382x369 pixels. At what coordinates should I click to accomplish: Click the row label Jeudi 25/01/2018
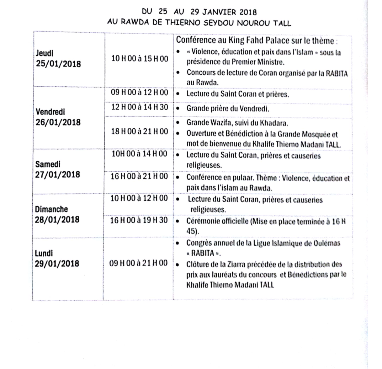coord(58,59)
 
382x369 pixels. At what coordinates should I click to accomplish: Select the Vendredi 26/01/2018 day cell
coord(58,117)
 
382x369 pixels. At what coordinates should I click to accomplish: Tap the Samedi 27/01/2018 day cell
coord(58,170)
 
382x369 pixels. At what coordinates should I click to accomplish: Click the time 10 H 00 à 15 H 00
coord(139,59)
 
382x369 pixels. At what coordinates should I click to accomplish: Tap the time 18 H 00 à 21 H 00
coord(139,132)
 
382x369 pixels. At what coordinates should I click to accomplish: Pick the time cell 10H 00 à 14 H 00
coord(139,155)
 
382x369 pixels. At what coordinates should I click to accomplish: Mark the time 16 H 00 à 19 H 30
coord(139,220)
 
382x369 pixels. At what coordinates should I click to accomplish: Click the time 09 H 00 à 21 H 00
coord(139,263)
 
